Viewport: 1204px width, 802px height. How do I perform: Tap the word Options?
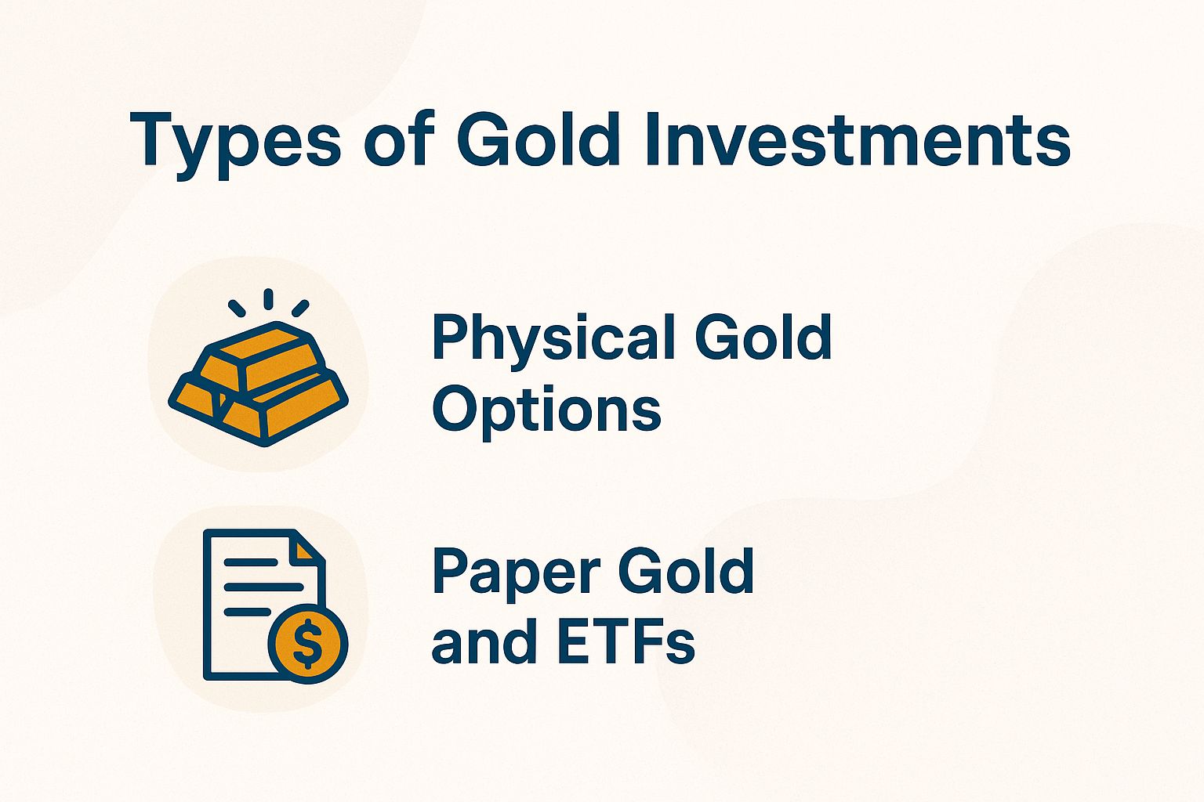point(546,411)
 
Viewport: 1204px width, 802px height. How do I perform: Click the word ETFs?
point(626,641)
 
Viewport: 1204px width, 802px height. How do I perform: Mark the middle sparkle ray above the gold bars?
point(268,299)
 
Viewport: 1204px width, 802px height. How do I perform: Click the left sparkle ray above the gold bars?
point(236,308)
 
